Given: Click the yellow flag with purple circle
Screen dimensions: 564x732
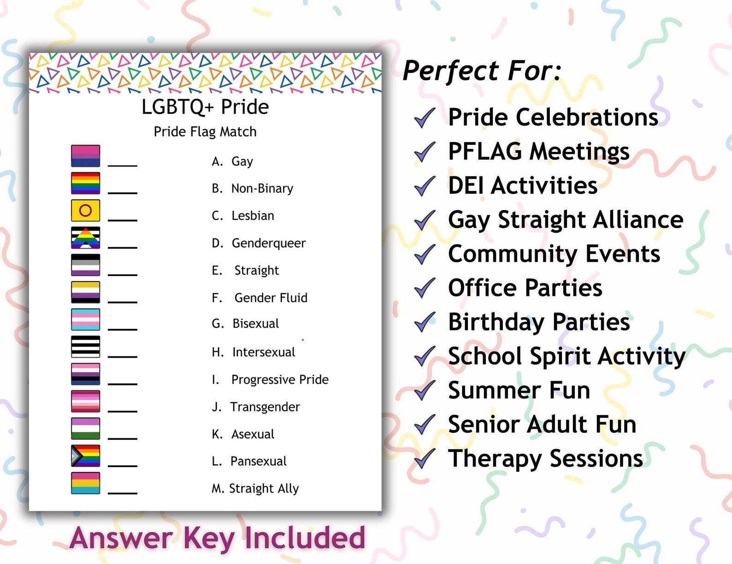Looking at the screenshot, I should point(85,210).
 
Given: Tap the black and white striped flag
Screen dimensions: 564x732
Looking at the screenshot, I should point(85,347).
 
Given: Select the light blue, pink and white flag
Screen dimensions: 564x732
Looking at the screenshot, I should point(85,319).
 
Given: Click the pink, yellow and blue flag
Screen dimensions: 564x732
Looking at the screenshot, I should point(85,483).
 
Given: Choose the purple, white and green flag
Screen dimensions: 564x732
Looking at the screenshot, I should point(85,428).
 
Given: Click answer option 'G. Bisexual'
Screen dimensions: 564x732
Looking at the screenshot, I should point(245,324).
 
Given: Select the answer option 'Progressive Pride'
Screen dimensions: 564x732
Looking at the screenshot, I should point(279,379).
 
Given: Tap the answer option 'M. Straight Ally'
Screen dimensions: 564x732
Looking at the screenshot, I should point(255,488).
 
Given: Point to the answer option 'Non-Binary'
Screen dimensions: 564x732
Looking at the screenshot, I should point(262,188).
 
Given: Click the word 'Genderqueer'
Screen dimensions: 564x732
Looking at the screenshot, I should point(268,243).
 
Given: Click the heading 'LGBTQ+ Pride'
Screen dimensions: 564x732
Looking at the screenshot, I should point(205,107).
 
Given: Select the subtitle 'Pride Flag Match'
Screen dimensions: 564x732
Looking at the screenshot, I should point(205,132).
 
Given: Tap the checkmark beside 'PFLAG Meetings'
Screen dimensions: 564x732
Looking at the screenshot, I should point(425,152).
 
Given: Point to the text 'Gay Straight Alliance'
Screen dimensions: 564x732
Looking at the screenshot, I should point(566,220).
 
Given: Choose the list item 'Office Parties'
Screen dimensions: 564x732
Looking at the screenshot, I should point(525,288).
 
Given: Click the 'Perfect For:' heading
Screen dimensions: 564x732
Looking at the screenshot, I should point(482,71).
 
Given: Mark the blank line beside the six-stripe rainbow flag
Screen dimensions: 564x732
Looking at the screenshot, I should point(123,192).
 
